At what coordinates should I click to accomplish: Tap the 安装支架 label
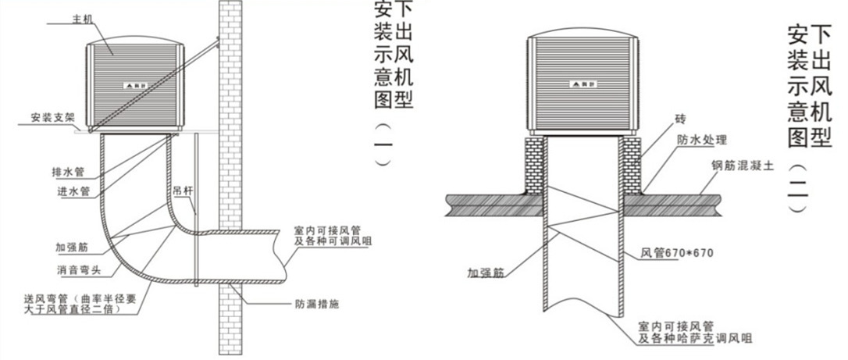(x=52, y=119)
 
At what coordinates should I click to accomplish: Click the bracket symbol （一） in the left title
(x=383, y=145)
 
